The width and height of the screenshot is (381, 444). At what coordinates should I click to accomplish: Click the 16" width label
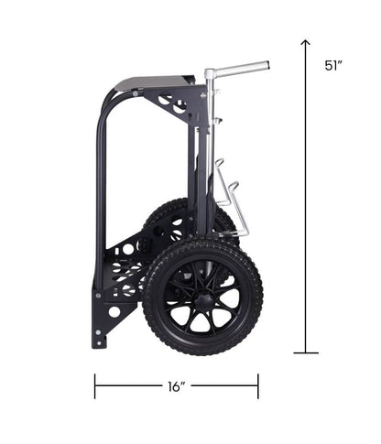tap(177, 386)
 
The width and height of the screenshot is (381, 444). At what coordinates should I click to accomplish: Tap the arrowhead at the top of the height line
tap(306, 42)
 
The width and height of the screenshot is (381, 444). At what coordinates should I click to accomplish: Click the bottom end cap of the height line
tap(306, 352)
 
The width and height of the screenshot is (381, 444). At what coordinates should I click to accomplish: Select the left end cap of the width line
tap(94, 386)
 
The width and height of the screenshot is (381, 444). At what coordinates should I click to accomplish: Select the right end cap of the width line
tap(258, 386)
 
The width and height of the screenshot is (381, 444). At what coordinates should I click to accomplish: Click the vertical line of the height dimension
tap(306, 201)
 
